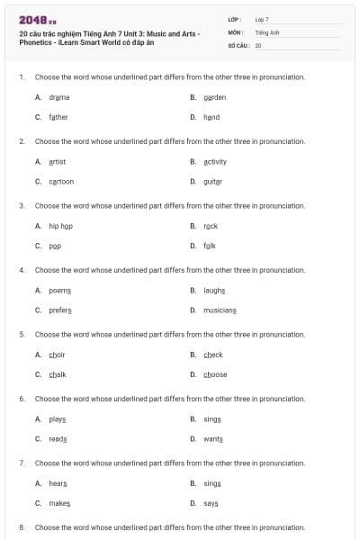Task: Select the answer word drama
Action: tap(59, 96)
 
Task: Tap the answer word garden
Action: tap(214, 96)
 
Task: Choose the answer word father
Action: tap(58, 117)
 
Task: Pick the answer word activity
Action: tap(215, 161)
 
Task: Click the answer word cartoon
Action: tap(61, 181)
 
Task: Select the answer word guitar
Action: tap(212, 181)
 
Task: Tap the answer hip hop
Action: tap(60, 226)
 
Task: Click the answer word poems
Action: tap(60, 291)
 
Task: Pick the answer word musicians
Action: tap(220, 310)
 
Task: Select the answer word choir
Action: tap(58, 355)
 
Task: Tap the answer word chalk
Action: tap(58, 374)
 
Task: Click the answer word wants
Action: tap(212, 439)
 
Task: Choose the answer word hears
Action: tap(58, 483)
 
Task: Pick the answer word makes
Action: tap(59, 504)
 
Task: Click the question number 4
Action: tap(22, 270)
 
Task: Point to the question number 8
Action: tap(22, 526)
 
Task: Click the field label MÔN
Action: tap(236, 31)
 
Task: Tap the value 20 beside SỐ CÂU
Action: tap(258, 44)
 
